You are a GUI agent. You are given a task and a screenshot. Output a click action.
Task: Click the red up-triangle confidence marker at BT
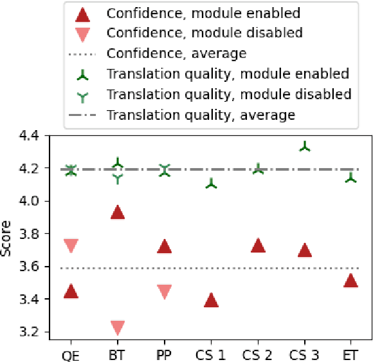pos(117,212)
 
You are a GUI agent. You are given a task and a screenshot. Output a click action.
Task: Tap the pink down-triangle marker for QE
pos(71,245)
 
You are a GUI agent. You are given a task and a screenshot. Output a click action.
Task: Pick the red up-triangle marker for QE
pos(71,291)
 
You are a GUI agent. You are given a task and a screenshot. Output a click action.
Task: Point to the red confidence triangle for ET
pos(350,280)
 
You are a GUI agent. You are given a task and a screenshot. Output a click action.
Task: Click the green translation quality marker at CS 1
pos(211,184)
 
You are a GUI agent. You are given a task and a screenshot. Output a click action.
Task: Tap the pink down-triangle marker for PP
pos(164,291)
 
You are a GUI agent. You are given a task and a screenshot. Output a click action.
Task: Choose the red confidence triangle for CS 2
pos(258,245)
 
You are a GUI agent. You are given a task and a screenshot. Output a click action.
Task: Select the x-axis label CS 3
pos(304,354)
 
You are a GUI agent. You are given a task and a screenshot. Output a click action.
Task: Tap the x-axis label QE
pos(71,354)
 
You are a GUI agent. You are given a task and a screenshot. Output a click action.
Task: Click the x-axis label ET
pos(350,354)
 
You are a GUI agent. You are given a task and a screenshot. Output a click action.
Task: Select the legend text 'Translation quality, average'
pos(201,115)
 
